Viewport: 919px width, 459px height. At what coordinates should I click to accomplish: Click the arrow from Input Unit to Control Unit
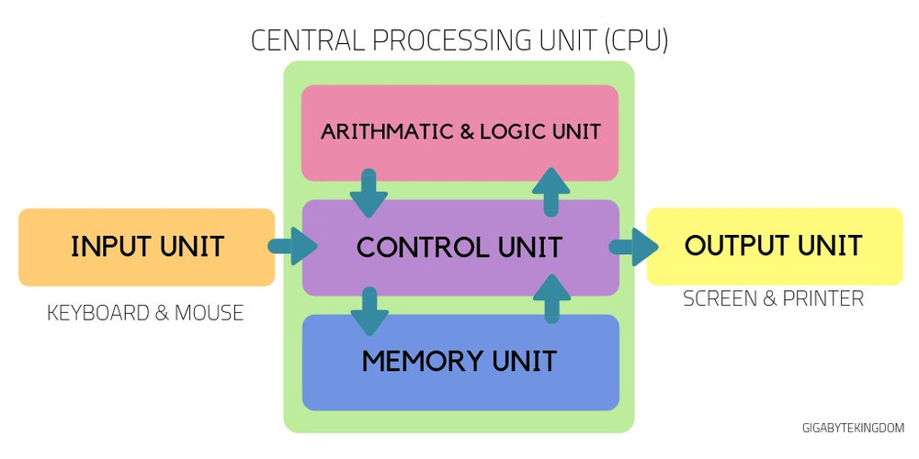click(x=292, y=247)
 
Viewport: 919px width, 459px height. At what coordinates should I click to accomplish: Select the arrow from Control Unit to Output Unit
click(x=633, y=247)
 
